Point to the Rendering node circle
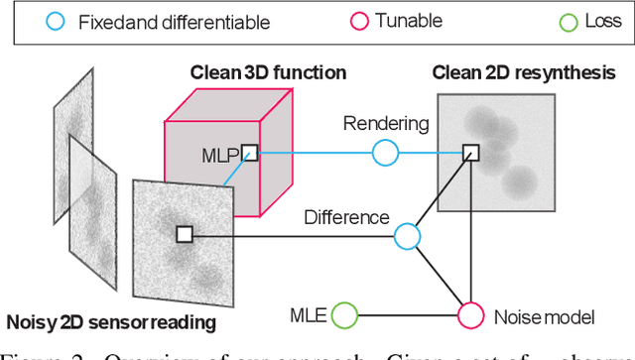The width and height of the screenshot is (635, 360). [x=385, y=152]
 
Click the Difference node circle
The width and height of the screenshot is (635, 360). [x=407, y=235]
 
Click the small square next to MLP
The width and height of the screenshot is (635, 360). [x=250, y=153]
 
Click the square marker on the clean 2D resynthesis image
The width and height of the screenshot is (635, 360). [x=470, y=152]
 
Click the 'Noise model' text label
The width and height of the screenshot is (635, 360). [x=544, y=317]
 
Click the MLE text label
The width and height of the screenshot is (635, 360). [x=309, y=315]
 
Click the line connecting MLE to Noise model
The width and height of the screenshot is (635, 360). [x=407, y=315]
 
